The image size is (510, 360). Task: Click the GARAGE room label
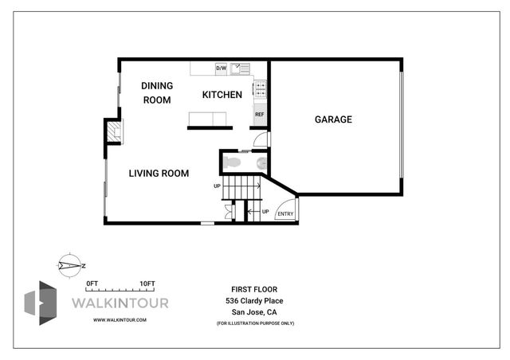333,119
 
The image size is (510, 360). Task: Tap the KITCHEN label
222,95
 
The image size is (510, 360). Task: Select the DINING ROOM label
157,92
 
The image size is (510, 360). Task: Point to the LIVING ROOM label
159,173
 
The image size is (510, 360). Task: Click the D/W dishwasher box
222,68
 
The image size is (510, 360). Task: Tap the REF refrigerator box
259,115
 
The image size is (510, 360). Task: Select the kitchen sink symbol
240,68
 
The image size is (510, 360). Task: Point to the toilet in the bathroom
232,162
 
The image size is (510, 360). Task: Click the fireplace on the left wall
115,132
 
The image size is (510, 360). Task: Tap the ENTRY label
284,213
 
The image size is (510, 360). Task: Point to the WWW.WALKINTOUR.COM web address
120,319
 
